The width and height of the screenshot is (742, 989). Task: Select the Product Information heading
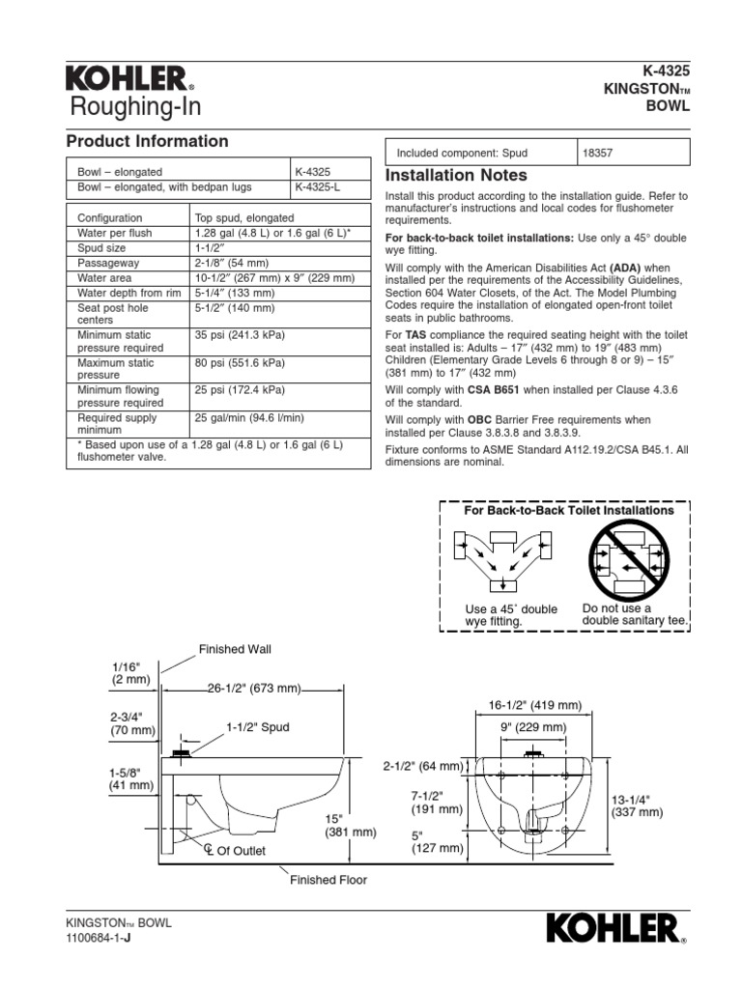[147, 141]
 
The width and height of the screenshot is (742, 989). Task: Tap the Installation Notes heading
[456, 176]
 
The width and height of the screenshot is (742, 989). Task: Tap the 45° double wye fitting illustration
[501, 559]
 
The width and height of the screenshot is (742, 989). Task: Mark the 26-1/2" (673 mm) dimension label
[253, 689]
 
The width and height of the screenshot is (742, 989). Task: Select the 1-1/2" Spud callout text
[258, 726]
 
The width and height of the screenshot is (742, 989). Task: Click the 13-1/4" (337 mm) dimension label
[637, 806]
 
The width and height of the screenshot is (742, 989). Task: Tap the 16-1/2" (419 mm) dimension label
[535, 705]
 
